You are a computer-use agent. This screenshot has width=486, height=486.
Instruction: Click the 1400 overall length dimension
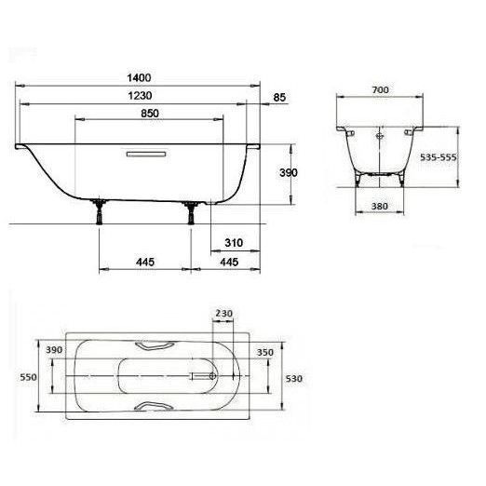[139, 77]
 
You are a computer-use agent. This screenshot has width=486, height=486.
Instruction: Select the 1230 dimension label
[140, 96]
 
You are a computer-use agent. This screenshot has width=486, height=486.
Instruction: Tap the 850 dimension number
[150, 114]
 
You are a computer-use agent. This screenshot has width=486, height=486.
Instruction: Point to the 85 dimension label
[279, 98]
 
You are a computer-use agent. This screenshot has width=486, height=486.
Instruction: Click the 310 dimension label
[234, 242]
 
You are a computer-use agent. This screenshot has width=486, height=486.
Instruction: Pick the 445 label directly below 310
[229, 262]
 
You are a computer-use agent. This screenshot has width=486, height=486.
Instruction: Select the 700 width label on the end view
[380, 90]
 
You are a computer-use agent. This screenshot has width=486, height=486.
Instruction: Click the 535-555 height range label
[439, 157]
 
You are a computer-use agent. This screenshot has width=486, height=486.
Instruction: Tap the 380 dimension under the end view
[380, 206]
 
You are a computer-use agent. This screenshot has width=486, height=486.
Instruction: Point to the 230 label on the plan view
[223, 314]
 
